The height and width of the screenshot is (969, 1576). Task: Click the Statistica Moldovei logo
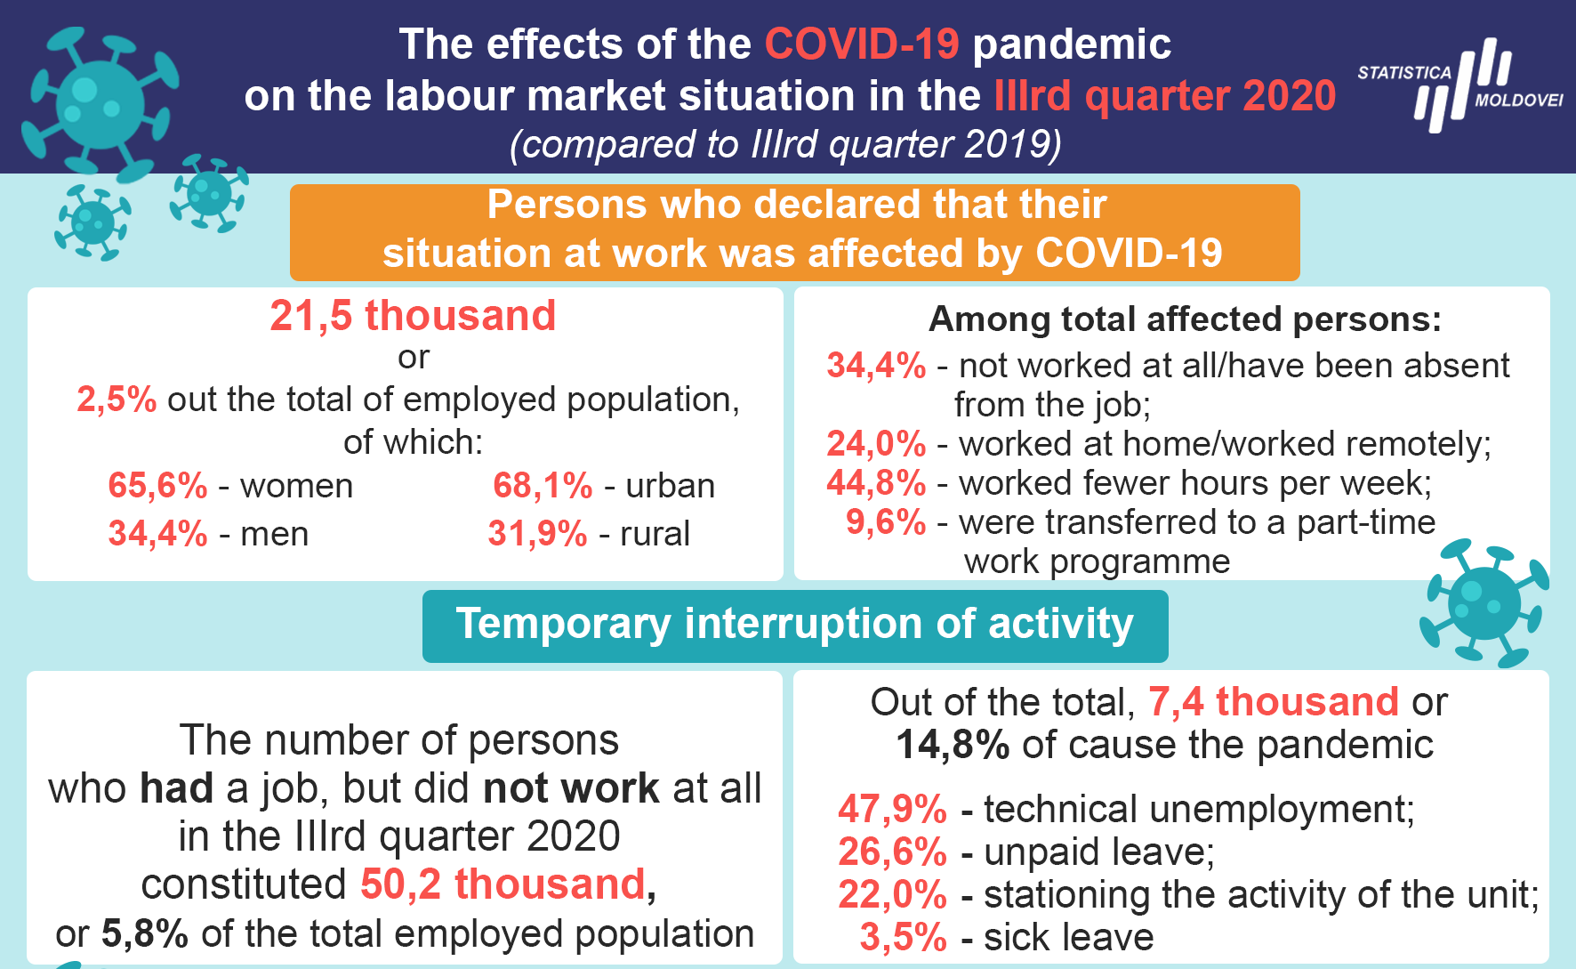click(1459, 85)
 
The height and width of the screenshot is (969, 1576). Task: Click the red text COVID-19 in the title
click(862, 44)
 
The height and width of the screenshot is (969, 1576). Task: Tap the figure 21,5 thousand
click(413, 316)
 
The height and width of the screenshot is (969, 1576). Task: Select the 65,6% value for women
click(157, 486)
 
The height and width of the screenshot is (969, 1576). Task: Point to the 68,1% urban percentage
click(543, 486)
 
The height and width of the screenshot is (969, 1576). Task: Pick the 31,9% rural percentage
click(537, 534)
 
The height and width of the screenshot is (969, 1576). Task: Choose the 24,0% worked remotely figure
click(876, 443)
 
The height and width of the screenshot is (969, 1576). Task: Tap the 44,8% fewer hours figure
click(876, 482)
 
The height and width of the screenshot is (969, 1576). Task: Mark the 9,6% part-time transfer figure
click(886, 521)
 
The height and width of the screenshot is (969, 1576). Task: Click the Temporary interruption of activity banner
click(795, 626)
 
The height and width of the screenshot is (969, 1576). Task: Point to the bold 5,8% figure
click(145, 933)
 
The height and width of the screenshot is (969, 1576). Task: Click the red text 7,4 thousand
click(1274, 702)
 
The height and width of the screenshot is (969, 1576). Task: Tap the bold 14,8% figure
click(952, 745)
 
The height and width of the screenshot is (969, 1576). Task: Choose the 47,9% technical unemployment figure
click(892, 809)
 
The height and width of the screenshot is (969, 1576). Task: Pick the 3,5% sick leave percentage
click(903, 937)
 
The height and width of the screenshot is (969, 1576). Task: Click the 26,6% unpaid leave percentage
click(892, 852)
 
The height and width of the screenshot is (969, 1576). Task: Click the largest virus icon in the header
click(100, 104)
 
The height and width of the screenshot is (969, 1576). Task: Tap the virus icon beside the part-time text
click(1484, 603)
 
